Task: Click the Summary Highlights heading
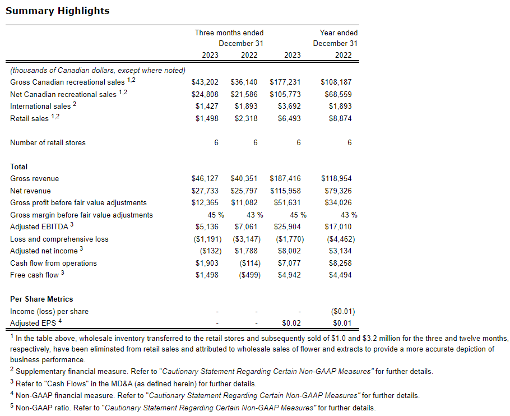(58, 11)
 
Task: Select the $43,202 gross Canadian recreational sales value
(205, 82)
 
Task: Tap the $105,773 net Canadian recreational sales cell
(285, 94)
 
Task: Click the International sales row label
(40, 106)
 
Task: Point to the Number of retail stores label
(48, 142)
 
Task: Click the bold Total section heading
(18, 167)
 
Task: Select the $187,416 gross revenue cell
(285, 178)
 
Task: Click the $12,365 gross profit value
(205, 202)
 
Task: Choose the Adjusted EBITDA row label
(39, 227)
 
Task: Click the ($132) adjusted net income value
(207, 251)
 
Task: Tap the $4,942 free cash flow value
(289, 275)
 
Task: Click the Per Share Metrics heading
(41, 299)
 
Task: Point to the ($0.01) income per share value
(344, 311)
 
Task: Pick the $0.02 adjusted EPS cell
(291, 323)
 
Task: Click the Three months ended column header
(229, 33)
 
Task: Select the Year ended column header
(339, 33)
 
